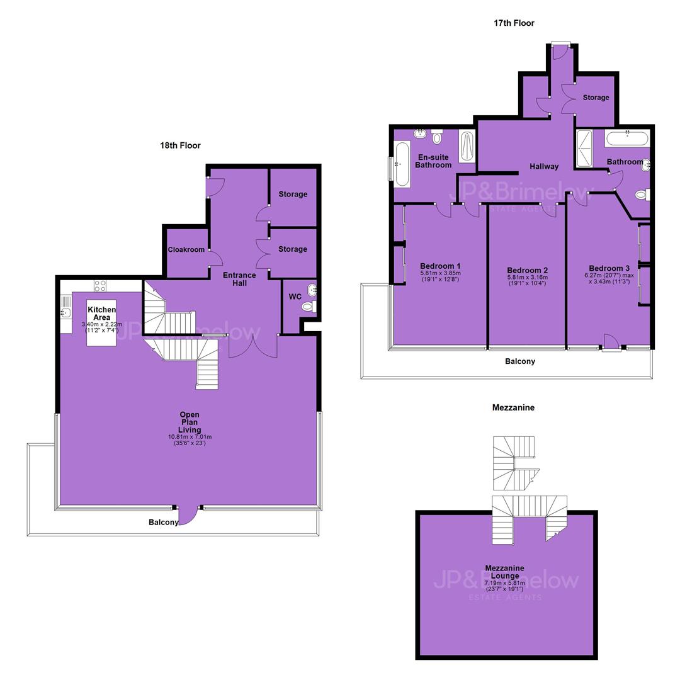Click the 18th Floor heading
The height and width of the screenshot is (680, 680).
pyautogui.click(x=181, y=145)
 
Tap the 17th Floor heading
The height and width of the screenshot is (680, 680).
pyautogui.click(x=514, y=23)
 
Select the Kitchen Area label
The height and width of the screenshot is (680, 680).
pyautogui.click(x=102, y=314)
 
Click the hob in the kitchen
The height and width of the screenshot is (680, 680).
pyautogui.click(x=100, y=286)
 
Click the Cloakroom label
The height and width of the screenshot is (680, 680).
pyautogui.click(x=186, y=250)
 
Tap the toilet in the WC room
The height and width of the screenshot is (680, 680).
pyautogui.click(x=309, y=307)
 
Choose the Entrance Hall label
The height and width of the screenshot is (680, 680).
pyautogui.click(x=239, y=279)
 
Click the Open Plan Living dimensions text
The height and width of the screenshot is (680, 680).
pyautogui.click(x=190, y=440)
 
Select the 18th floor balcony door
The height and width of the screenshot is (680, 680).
pyautogui.click(x=188, y=516)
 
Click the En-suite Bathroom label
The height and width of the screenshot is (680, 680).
pyautogui.click(x=433, y=161)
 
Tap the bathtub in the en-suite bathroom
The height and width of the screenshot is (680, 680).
pyautogui.click(x=402, y=164)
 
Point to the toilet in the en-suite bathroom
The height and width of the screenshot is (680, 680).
pyautogui.click(x=437, y=137)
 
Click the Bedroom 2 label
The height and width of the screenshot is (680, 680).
pyautogui.click(x=528, y=270)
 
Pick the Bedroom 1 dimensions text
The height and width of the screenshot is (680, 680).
pyautogui.click(x=440, y=276)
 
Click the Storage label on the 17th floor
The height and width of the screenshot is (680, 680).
pyautogui.click(x=596, y=98)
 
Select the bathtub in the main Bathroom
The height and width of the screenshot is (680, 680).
pyautogui.click(x=627, y=139)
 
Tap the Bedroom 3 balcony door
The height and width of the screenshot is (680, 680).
pyautogui.click(x=611, y=343)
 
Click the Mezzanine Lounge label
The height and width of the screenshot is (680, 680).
pyautogui.click(x=505, y=572)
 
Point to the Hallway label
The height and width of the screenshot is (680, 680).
pyautogui.click(x=544, y=166)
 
